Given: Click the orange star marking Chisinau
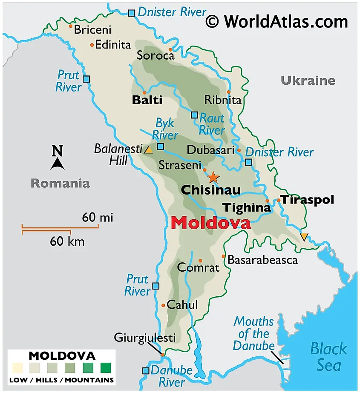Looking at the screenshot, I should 213,177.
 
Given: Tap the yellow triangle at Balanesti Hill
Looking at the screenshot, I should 148,150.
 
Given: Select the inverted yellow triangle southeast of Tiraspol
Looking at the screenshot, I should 304,237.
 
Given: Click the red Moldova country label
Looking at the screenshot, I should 211,223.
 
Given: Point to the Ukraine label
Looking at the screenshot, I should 308,80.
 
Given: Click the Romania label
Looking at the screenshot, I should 60,184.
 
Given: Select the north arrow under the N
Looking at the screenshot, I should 58,164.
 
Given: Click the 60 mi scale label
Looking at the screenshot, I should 98,218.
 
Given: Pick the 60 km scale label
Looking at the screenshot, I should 67,242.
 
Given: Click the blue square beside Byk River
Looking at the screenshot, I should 161,146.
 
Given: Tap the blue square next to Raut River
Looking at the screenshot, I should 194,115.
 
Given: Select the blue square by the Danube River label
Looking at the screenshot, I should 146,370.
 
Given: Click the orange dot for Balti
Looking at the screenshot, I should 144,92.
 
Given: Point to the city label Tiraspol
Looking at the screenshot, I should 307,200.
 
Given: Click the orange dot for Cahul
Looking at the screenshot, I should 163,305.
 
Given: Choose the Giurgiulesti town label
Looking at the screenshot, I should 144,338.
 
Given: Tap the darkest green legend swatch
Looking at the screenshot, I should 106,367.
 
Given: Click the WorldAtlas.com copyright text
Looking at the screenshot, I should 276,21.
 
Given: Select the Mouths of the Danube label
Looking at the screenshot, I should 253,333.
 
